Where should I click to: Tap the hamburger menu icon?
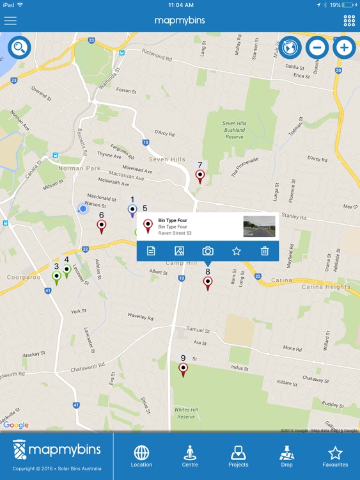[x=10, y=20]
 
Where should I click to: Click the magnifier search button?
[x=19, y=47]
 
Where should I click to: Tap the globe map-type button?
[x=290, y=47]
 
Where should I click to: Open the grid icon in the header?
[x=349, y=20]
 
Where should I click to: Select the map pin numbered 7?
[x=200, y=175]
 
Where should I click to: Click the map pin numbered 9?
[x=184, y=369]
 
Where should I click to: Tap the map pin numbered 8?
[x=208, y=282]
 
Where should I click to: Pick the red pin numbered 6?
[x=101, y=225]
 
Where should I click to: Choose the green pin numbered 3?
[x=56, y=277]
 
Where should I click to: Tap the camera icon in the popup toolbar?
[x=208, y=251]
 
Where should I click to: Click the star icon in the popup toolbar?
[x=236, y=251]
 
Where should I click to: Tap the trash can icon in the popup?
[x=265, y=251]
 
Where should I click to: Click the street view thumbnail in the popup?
[x=259, y=227]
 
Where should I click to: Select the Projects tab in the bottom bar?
[x=239, y=456]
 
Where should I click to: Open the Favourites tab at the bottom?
[x=335, y=456]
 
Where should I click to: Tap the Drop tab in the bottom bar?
[x=286, y=456]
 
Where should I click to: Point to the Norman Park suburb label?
[x=79, y=168]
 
